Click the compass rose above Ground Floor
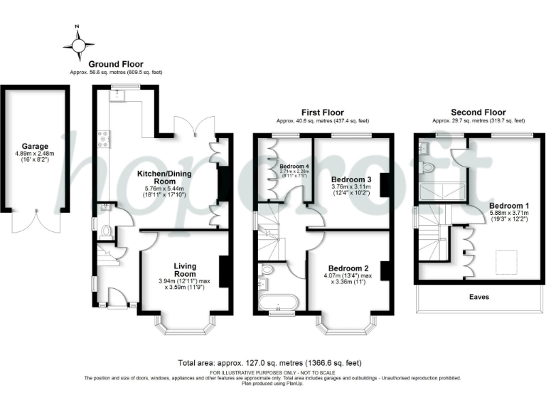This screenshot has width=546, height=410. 78,44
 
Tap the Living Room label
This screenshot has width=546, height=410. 185,269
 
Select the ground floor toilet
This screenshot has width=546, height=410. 105,230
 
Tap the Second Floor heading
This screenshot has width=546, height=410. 477,112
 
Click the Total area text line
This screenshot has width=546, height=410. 272,362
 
